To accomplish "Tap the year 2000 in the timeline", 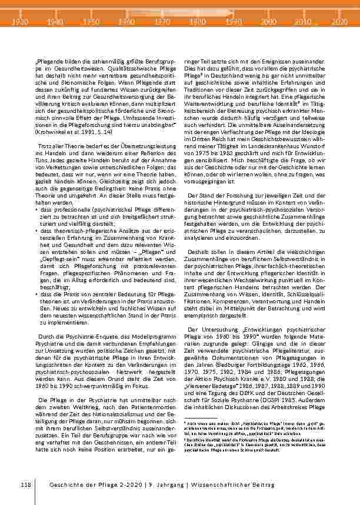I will (268, 21).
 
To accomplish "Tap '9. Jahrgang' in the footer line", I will (164, 483).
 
